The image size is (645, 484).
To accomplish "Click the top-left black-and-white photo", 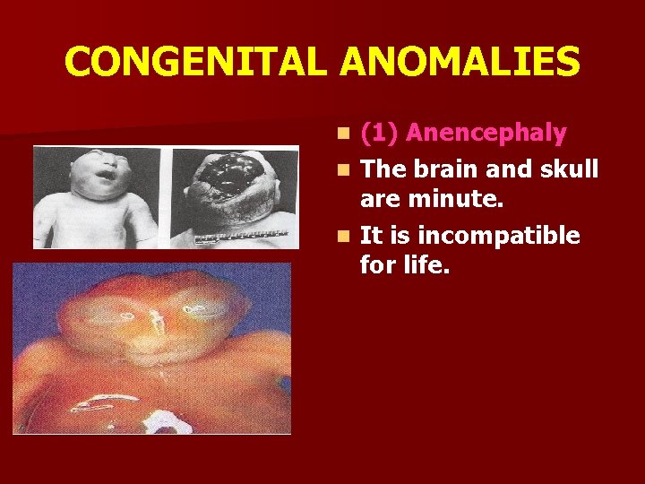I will point(97,196).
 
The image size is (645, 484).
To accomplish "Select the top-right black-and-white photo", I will point(235,196).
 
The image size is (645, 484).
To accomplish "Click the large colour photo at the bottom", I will point(151,348).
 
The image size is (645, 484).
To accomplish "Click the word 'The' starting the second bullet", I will point(383,169).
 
